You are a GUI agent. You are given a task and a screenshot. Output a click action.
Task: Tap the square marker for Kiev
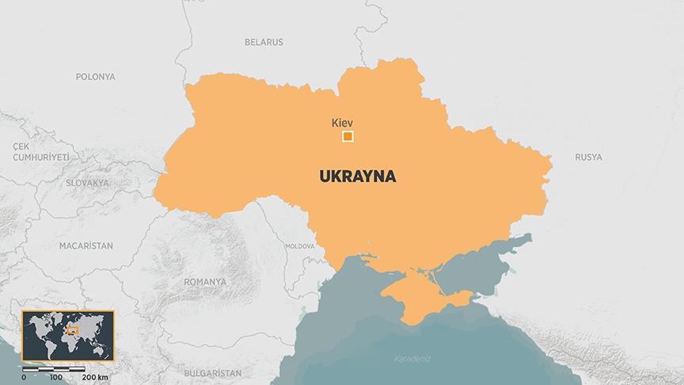(x=348, y=137)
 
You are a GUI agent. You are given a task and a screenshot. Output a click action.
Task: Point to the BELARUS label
(x=264, y=42)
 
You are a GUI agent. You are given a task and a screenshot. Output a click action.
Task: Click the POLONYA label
(x=96, y=77)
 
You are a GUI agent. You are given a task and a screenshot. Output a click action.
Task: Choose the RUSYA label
(x=588, y=157)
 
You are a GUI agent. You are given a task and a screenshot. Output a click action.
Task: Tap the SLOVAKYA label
(x=87, y=183)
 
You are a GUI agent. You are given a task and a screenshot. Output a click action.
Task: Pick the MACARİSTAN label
(x=85, y=246)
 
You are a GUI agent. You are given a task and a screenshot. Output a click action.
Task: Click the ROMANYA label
(x=204, y=281)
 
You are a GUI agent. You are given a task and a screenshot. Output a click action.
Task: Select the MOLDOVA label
(x=300, y=246)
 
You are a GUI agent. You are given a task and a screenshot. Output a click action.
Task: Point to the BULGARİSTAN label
(x=211, y=372)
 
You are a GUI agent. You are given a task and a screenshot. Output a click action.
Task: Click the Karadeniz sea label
(x=412, y=360)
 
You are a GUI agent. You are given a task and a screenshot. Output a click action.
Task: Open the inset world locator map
(x=68, y=335)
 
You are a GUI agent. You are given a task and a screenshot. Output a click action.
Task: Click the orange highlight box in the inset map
(x=72, y=329)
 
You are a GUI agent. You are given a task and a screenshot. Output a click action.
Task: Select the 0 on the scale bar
(x=24, y=377)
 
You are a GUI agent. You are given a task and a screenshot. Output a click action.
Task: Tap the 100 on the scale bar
(x=55, y=377)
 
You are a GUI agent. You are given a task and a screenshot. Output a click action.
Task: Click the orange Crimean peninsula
(x=420, y=294)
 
